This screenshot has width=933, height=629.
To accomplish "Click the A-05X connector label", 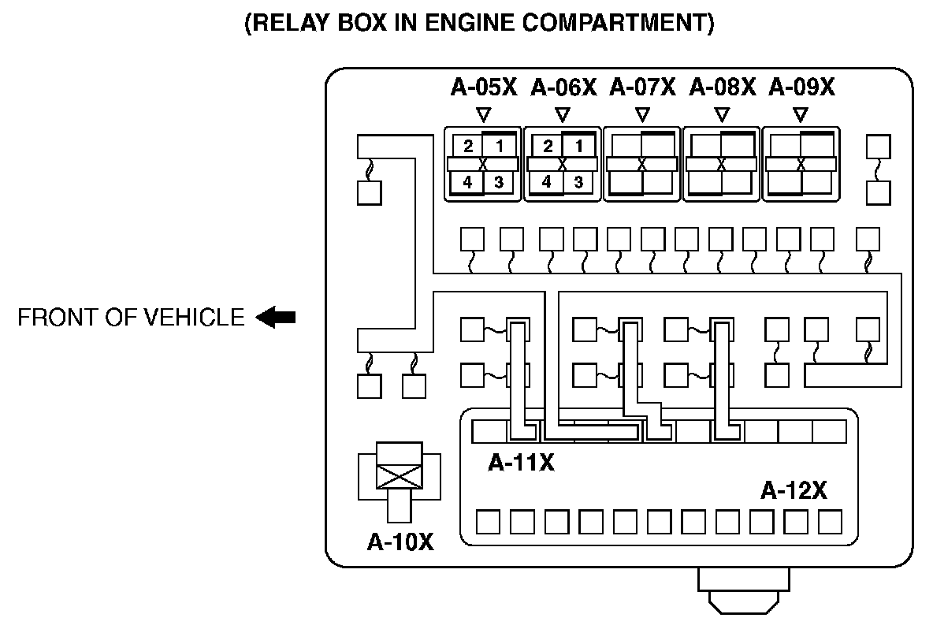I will pos(483,87).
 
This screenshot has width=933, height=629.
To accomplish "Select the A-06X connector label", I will pos(563,87).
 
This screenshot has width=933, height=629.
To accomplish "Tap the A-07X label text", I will pos(643,87).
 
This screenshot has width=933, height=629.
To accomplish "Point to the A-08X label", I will pos(722,87).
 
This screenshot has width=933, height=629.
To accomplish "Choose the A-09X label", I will pos(801,87).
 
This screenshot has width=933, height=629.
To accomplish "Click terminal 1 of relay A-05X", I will pos(499,146).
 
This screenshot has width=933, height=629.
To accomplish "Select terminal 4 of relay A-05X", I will pos(467,182).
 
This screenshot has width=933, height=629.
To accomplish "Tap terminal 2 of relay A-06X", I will pos(548,146).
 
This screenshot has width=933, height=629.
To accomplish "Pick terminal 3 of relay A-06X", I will pos(578,182).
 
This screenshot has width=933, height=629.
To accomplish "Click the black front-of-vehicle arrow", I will pos(276,318).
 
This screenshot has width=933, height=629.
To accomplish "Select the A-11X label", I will pos(521,462).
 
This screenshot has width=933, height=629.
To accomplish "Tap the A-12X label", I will pos(794,491).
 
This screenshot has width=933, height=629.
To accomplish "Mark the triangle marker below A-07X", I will pos(642,114).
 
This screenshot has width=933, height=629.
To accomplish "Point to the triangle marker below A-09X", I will pos(801,114).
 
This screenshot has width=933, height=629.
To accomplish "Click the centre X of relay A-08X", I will pos(721,164).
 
